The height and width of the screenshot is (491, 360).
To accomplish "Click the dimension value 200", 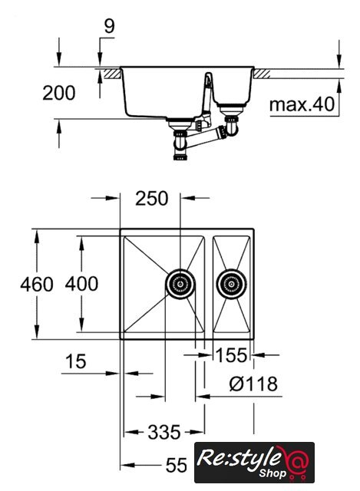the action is point(59,93).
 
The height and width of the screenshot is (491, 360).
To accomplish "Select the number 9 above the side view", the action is point(109,26).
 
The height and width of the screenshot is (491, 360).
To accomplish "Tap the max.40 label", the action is point(302,104).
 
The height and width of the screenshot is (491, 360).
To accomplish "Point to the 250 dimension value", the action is point(152,199).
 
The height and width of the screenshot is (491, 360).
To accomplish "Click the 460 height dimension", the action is point(37,285).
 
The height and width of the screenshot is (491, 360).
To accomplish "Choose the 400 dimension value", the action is point(81,284).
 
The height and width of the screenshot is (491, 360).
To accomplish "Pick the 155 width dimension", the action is point(232,355).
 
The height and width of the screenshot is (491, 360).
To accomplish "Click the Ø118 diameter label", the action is point(253,384).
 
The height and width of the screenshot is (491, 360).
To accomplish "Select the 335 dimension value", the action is point(164,433).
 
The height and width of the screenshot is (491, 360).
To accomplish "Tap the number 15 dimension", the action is point(75,361).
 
